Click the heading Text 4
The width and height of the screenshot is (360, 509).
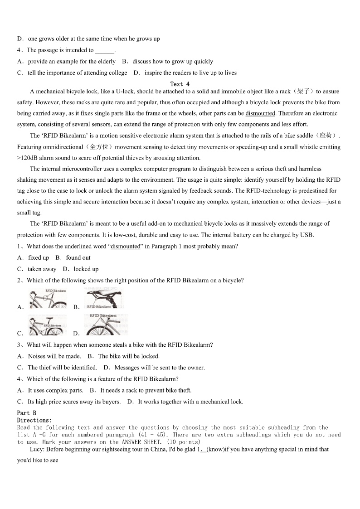tap(180, 84)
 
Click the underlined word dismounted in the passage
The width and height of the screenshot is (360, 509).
tap(260, 113)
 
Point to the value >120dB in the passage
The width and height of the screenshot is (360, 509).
tap(28, 158)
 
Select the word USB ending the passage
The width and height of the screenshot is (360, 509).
tap(307, 235)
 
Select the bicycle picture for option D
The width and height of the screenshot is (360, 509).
tap(106, 325)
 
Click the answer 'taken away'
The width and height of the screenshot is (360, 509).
tap(42, 269)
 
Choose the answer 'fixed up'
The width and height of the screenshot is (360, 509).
tap(39, 258)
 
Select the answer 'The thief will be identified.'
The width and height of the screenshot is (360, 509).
tap(62, 368)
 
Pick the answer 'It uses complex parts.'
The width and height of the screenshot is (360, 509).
tap(55, 390)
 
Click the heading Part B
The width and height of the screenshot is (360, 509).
tap(26, 413)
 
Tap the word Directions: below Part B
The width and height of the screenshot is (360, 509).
tap(34, 420)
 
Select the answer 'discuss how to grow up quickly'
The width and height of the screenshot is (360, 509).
tap(173, 62)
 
